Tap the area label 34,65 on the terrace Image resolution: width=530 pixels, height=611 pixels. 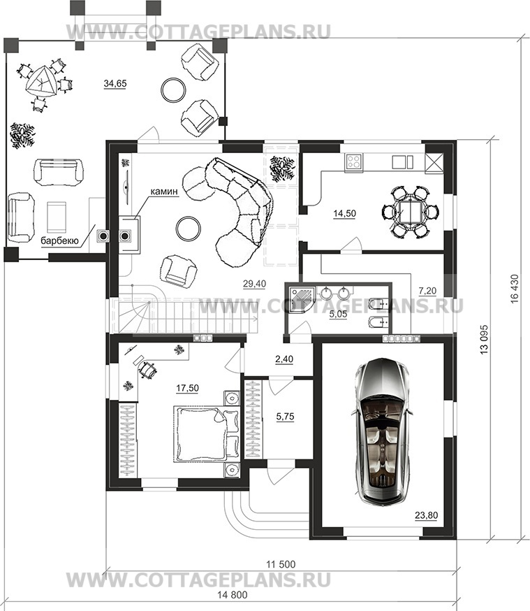115,83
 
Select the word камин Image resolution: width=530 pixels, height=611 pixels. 164,192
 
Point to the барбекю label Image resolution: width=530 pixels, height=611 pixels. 60,241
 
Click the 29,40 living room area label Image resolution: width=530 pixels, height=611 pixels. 254,284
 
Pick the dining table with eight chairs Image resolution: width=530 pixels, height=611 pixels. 411,212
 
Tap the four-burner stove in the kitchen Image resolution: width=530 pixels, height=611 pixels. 354,161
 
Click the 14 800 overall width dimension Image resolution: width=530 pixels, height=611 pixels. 233,595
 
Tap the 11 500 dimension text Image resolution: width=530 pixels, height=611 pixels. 281,564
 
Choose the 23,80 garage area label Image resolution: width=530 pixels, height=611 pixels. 426,515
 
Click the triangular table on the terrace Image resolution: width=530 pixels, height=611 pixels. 40,82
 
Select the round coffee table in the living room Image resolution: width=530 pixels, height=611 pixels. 189,229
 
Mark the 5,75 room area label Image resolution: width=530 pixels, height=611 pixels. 285,417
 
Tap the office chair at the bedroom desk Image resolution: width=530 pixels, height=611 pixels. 147,369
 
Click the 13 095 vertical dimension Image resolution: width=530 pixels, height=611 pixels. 484,339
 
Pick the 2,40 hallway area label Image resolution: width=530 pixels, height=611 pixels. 284,359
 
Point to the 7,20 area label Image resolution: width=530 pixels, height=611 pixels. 427,291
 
